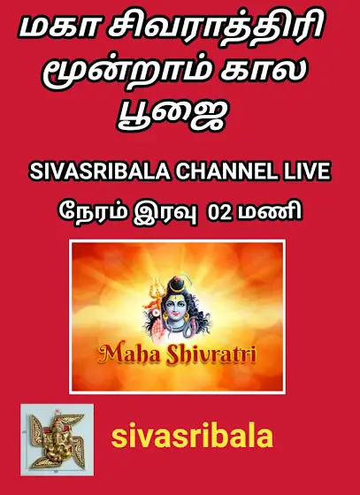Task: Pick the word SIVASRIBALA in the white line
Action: click(x=100, y=172)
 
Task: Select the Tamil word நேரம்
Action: click(x=93, y=212)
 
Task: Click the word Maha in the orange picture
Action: click(x=126, y=354)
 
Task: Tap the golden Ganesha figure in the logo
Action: click(x=57, y=440)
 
